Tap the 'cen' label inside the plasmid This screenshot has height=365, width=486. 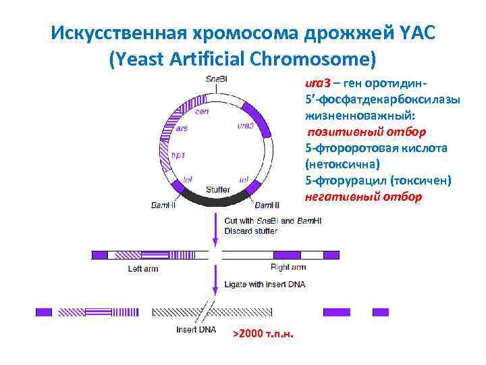pos(201,112)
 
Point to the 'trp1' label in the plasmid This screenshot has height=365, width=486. pos(178,155)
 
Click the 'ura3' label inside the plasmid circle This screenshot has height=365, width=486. pos(246,126)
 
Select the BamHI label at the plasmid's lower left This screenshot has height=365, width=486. pos(163,204)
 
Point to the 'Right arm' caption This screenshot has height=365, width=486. pos(288,267)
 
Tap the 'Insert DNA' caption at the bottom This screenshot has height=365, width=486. pos(195,330)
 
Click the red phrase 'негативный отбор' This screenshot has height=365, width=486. pos(363,197)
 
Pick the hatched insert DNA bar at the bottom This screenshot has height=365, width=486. pos(212,312)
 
